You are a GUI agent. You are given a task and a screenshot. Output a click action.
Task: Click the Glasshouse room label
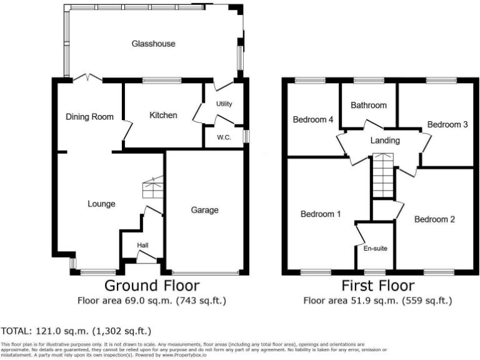pyautogui.click(x=153, y=44)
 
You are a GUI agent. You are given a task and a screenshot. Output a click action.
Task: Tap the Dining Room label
pyautogui.click(x=90, y=116)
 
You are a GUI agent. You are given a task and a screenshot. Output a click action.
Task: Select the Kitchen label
pyautogui.click(x=163, y=115)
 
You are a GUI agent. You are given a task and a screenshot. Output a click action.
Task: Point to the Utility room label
pyautogui.click(x=224, y=104)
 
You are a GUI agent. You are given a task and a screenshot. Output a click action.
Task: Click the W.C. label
pyautogui.click(x=224, y=137)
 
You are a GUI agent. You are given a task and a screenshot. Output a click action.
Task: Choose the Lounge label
pyautogui.click(x=101, y=203)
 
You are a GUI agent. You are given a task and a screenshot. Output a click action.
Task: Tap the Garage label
pyautogui.click(x=204, y=210)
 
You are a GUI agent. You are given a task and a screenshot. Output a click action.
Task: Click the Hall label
pyautogui.click(x=143, y=245)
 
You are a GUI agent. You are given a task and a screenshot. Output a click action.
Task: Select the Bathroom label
pyautogui.click(x=368, y=105)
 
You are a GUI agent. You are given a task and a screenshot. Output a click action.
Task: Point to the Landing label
pyautogui.click(x=385, y=141)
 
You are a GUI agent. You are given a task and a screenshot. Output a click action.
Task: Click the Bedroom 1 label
pyautogui.click(x=320, y=214)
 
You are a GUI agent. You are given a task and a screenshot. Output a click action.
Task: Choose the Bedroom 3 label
pyautogui.click(x=447, y=124)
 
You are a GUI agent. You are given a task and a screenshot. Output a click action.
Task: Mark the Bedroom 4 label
pyautogui.click(x=312, y=119)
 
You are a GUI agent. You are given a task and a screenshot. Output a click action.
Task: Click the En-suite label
pyautogui.click(x=375, y=249)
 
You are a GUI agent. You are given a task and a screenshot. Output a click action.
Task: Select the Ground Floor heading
pyautogui.click(x=152, y=286)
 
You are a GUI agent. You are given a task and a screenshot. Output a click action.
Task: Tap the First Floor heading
pyautogui.click(x=377, y=286)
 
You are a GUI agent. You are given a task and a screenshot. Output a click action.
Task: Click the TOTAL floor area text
pyautogui.click(x=76, y=331)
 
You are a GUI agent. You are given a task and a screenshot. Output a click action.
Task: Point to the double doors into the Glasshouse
pyautogui.click(x=87, y=78)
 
